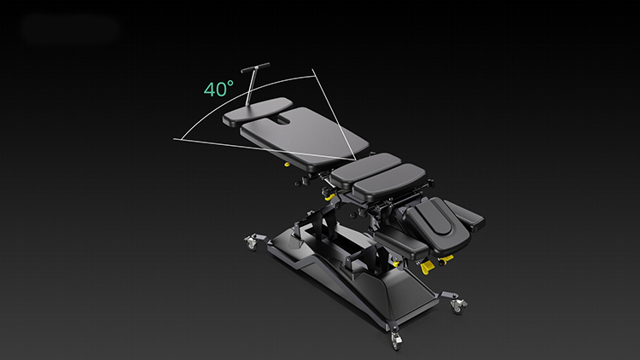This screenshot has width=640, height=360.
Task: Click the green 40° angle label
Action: point(218,89)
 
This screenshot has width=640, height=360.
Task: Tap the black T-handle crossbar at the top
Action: point(255,67)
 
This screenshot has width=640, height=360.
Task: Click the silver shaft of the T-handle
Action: point(251,88)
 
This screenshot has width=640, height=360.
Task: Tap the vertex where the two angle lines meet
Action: point(356,160)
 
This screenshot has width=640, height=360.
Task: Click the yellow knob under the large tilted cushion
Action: point(287,165)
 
